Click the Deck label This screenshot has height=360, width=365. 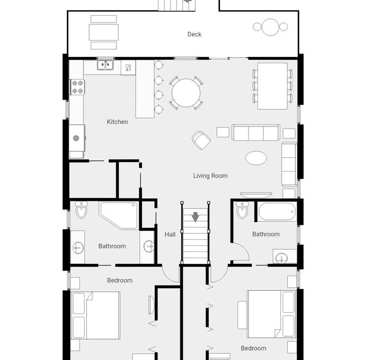(x=195, y=34)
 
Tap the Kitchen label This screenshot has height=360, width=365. (x=117, y=122)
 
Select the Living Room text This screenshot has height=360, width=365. (x=211, y=176)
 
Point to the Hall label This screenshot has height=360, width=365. (x=170, y=234)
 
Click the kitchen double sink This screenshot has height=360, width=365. (x=105, y=65)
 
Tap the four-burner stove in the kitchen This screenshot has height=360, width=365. (x=78, y=87)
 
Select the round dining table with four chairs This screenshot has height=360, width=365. (x=186, y=93)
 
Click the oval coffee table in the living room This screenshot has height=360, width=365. (x=256, y=158)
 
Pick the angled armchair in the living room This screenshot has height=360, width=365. (x=201, y=140)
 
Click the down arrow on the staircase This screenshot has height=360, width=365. (x=196, y=217)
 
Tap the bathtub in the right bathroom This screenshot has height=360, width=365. (x=277, y=211)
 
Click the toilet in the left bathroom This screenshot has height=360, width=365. (x=81, y=210)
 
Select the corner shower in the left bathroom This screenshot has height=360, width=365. (x=119, y=215)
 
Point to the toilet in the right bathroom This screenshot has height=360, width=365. (x=242, y=210)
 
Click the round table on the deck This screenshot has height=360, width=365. (x=270, y=27)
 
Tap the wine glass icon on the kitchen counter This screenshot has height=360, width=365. (x=128, y=68)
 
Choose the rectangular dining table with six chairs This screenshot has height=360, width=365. (x=272, y=86)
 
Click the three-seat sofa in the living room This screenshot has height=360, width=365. (x=256, y=133)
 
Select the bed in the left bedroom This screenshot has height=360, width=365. (x=96, y=315)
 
